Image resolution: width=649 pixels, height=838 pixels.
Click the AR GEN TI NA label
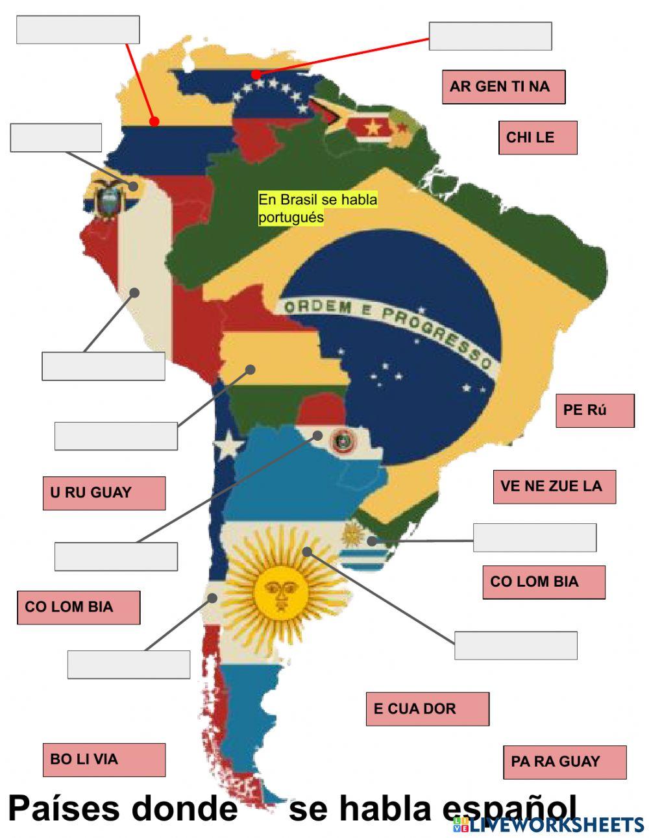pos(504,86)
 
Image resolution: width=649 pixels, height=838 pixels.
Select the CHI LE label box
pos(537,138)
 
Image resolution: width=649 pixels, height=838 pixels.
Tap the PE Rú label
pos(594,410)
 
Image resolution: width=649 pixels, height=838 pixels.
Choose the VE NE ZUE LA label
pos(554,486)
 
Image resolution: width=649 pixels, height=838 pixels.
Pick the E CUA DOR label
pos(427,709)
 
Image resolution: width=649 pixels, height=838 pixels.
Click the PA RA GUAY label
pos(565,762)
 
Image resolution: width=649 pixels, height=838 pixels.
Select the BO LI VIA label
pos(104,759)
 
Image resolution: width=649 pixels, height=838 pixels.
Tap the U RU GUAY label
pos(104,493)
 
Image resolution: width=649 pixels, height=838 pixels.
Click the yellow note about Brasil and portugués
pos(317,208)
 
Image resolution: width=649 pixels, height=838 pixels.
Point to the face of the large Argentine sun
pos(281,591)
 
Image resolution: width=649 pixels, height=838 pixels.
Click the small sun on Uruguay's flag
pos(352,534)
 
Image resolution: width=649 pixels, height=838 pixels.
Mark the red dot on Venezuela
pos(257,75)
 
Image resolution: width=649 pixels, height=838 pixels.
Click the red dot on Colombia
pos(154,121)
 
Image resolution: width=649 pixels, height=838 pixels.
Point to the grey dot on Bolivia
pos(250,369)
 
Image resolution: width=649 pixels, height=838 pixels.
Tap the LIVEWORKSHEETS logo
pos(549,824)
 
